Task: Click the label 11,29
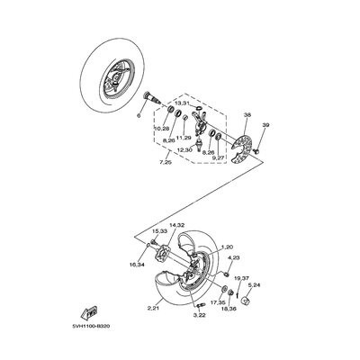pos(184,138)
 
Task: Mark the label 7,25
pos(165,162)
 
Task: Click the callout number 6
pos(139,116)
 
